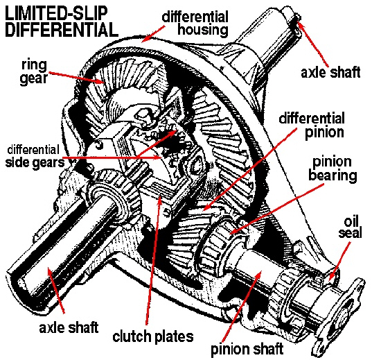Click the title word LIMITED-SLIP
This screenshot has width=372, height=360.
tap(56, 13)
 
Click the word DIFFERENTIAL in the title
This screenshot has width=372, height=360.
tap(62, 29)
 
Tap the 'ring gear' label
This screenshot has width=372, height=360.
tap(34, 72)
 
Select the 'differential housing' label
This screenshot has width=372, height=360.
tap(195, 23)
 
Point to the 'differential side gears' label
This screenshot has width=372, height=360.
tap(35, 157)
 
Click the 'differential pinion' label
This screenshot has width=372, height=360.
tap(312, 126)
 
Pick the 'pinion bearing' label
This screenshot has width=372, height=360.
tap(333, 169)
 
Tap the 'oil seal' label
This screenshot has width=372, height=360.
tap(350, 228)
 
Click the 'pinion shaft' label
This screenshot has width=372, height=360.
tap(247, 349)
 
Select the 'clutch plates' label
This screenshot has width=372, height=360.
tap(153, 336)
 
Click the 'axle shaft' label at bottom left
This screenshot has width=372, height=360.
tap(69, 327)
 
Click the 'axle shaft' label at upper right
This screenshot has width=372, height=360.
tap(330, 72)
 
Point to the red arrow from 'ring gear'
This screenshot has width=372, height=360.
tap(76, 78)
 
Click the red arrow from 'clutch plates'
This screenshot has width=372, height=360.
tap(154, 259)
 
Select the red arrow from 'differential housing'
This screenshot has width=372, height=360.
tap(154, 33)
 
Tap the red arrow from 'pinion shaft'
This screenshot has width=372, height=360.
tap(242, 307)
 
